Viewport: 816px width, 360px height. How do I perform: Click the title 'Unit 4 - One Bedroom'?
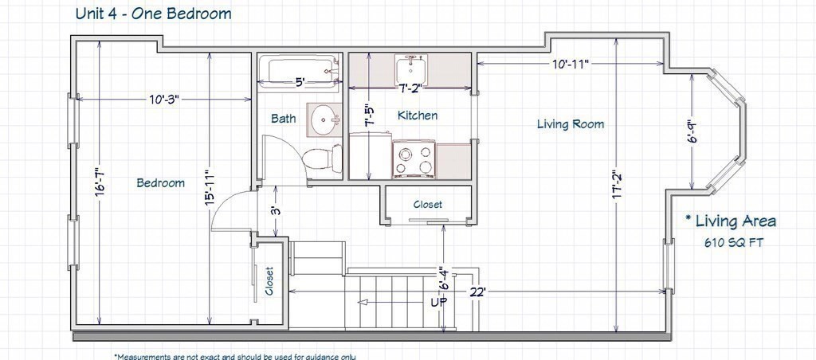154,14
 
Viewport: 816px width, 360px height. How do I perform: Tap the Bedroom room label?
161,183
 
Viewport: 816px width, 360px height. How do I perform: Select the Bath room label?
284,119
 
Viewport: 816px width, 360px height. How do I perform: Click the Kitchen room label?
418,115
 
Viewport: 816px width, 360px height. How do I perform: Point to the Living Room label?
571,124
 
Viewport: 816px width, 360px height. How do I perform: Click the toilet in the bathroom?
322,158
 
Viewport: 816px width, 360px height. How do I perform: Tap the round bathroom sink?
324,119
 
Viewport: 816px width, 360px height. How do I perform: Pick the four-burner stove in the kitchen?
414,159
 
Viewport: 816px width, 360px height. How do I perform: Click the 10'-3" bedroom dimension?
164,100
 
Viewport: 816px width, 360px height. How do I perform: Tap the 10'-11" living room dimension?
571,65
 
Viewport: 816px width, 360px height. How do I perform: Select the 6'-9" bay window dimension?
692,135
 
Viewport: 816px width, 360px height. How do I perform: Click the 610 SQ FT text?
734,242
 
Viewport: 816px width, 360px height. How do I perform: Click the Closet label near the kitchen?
428,205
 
